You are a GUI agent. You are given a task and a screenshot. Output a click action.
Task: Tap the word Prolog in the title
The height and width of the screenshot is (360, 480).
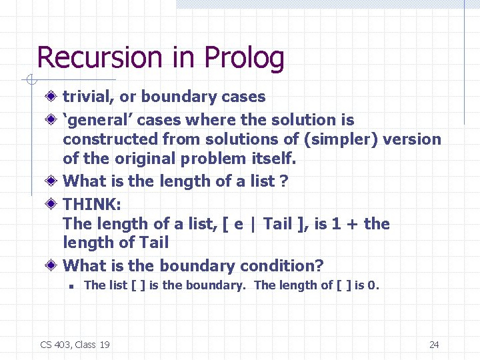click(245, 59)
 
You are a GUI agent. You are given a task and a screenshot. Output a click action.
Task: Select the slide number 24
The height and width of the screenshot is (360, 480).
click(434, 345)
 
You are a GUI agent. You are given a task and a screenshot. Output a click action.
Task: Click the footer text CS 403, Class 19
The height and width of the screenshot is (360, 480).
click(75, 345)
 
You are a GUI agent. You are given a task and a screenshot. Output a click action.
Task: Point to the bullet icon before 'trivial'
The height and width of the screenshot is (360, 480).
click(53, 97)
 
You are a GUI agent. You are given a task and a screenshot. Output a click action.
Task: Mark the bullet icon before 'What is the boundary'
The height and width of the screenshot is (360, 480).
click(53, 266)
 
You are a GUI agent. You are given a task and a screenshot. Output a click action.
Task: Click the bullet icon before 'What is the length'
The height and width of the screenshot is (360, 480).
click(53, 181)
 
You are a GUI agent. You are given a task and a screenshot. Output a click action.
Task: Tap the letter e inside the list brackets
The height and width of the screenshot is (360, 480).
click(238, 225)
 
